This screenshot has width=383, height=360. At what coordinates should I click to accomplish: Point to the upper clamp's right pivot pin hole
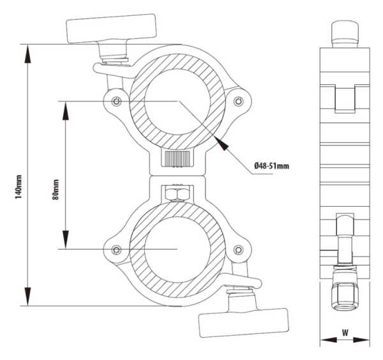238,101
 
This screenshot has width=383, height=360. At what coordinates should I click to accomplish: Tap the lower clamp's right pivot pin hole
238,250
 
